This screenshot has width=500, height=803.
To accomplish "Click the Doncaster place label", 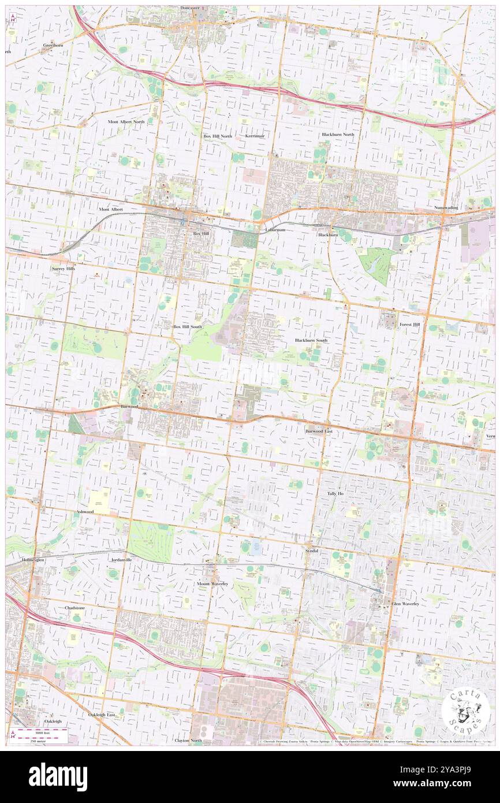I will (x=189, y=8).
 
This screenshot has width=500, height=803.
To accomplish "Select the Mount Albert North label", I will (x=126, y=122).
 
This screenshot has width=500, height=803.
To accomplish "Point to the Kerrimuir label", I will (x=255, y=136).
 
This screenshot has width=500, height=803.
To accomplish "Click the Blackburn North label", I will (x=338, y=135).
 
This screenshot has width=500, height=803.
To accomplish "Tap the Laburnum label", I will (x=275, y=229).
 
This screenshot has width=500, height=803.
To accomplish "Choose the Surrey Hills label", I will (x=64, y=269).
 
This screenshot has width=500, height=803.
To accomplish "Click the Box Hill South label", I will (x=188, y=326).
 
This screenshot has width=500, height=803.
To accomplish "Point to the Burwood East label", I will (x=319, y=431).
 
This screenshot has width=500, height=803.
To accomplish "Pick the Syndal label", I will (x=312, y=551).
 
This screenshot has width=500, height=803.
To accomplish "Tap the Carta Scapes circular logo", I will (x=465, y=712).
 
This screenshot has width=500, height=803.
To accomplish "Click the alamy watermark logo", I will (x=58, y=777).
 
